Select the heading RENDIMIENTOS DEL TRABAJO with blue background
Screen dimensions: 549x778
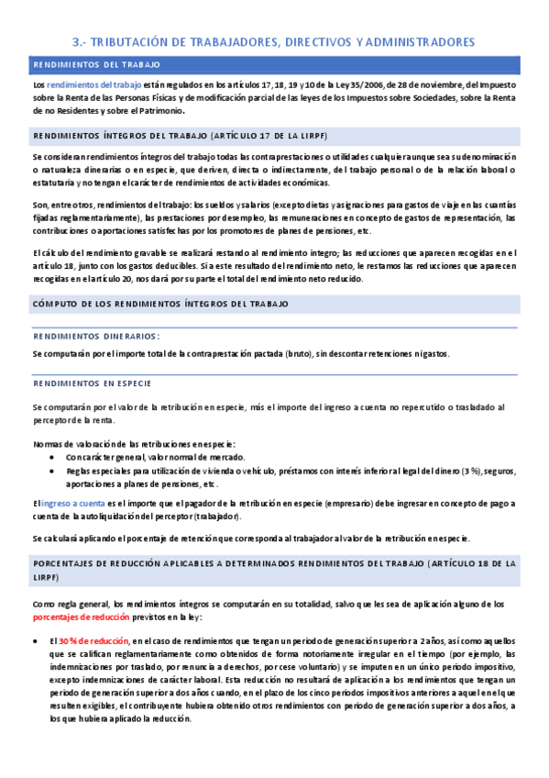point(96,65)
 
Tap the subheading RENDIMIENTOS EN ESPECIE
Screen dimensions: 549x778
point(92,383)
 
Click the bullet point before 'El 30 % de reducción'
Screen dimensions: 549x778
point(35,639)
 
